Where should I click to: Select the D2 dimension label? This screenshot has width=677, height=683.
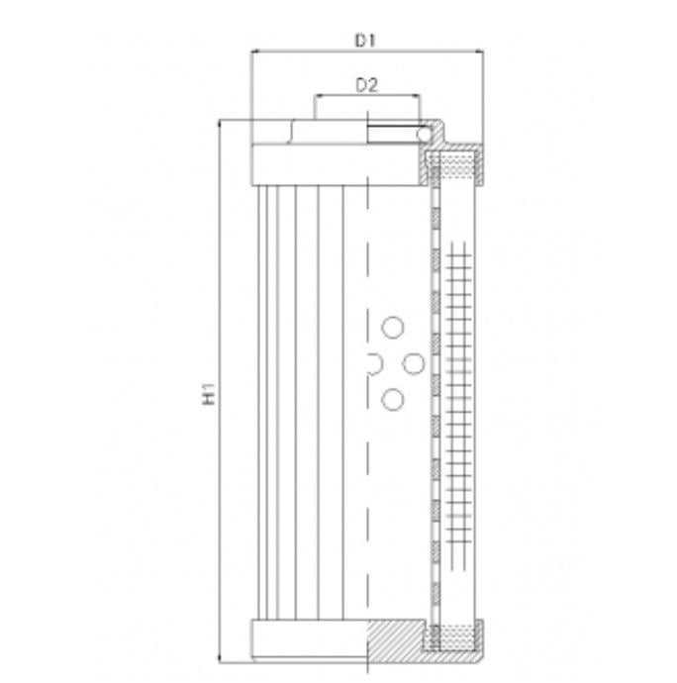tap(367, 86)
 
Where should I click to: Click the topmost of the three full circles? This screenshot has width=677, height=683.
tap(393, 329)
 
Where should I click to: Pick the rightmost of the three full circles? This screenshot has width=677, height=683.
tap(414, 364)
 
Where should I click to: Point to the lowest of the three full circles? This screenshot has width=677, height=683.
tap(393, 399)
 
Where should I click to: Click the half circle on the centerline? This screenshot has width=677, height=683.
tap(372, 364)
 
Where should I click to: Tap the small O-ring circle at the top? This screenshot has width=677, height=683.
tap(425, 134)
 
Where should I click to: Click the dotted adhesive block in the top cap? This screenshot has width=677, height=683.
tap(455, 163)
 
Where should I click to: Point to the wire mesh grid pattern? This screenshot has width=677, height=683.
tap(456, 396)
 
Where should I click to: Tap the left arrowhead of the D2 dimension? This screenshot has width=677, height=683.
tap(318, 96)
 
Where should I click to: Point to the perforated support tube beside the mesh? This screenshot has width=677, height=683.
tap(434, 396)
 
